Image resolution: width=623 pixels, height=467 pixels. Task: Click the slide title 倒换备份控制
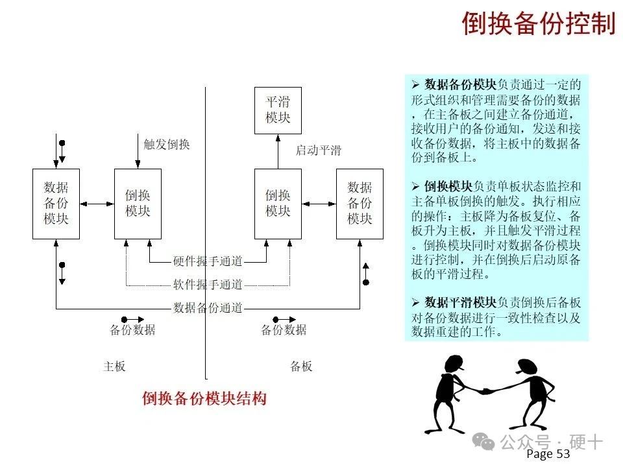(x=539, y=23)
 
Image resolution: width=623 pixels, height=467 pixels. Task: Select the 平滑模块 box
(x=278, y=110)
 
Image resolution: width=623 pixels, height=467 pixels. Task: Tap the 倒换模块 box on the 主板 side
(x=138, y=204)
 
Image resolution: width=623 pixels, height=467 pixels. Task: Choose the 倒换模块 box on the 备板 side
(x=278, y=204)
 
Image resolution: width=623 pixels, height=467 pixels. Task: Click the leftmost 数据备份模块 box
(x=56, y=204)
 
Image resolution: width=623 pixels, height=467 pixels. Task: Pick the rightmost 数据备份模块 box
(x=360, y=204)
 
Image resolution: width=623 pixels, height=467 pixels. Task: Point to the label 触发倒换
(x=167, y=144)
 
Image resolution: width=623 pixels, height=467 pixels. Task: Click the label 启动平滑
(x=318, y=150)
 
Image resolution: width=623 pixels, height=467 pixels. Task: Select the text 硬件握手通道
(x=208, y=261)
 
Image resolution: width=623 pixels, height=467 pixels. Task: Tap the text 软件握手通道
(x=208, y=284)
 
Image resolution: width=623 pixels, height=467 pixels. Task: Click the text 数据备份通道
(x=208, y=307)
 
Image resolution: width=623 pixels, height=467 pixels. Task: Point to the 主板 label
(x=114, y=366)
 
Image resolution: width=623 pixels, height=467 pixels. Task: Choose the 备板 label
(x=301, y=366)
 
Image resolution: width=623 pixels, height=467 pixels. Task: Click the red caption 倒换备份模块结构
(x=204, y=398)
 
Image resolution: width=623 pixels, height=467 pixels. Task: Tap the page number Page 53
(x=548, y=453)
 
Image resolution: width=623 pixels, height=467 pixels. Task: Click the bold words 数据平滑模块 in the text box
(x=461, y=302)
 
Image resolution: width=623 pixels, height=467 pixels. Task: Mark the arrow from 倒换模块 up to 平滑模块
(x=278, y=152)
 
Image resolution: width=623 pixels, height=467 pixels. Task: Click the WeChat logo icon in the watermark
(x=483, y=442)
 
